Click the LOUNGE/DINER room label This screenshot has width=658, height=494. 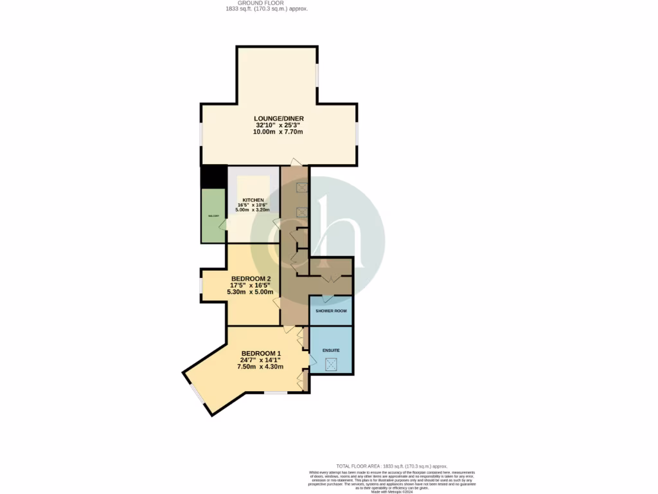(278, 118)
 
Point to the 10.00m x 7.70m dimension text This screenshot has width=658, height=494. (278, 132)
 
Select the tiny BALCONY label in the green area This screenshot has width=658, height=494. (213, 215)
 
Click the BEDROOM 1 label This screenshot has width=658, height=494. (261, 353)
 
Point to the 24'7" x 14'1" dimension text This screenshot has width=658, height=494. (261, 360)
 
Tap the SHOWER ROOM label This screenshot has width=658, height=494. (331, 311)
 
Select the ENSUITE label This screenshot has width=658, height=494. (331, 351)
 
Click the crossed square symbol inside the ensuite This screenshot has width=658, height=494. (331, 365)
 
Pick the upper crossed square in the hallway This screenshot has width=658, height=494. (301, 188)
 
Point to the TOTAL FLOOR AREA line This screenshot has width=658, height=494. (391, 466)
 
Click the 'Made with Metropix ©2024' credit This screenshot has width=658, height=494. (392, 491)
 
